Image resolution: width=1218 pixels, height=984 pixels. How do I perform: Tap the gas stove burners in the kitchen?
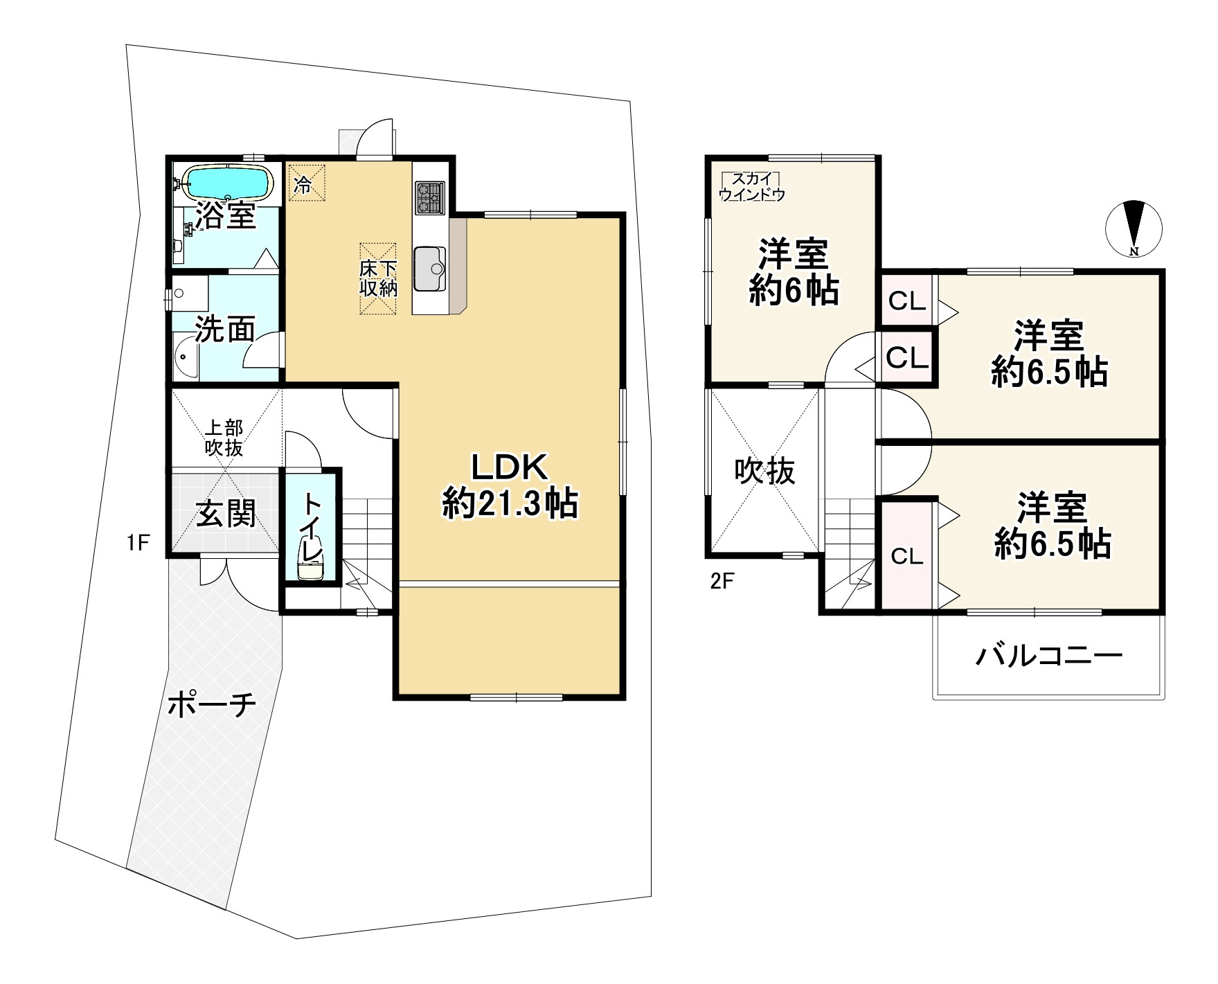tap(429, 197)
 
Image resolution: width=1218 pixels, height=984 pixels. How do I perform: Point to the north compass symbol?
tap(1134, 229)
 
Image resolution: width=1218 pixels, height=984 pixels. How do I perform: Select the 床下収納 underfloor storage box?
tap(378, 279)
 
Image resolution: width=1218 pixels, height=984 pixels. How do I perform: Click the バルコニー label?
tap(1048, 655)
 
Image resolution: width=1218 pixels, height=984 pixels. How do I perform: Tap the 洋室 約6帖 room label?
tap(794, 271)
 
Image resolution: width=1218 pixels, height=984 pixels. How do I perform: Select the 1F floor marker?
tap(138, 543)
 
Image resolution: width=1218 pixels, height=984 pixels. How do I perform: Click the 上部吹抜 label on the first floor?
tap(224, 437)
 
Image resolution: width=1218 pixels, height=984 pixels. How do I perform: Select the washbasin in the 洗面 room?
tap(185, 357)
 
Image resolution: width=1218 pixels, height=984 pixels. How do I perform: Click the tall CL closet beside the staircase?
tap(906, 556)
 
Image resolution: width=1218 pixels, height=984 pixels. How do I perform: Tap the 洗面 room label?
tap(224, 330)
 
